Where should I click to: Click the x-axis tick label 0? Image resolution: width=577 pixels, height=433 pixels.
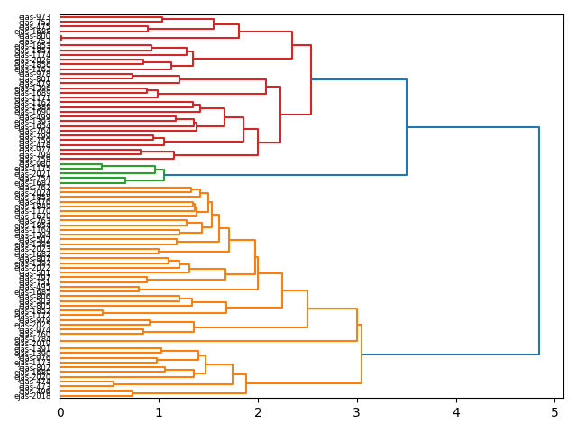point(60,412)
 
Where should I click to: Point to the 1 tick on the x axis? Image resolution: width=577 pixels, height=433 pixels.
point(159,412)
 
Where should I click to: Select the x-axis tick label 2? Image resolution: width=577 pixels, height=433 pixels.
point(258,412)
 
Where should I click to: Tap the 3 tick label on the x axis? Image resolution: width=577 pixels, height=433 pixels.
point(357,412)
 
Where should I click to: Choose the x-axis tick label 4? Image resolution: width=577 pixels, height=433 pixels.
point(456,412)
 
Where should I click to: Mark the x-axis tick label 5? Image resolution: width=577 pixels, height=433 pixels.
point(554,412)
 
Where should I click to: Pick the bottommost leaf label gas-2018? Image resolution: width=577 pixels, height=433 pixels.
point(34,396)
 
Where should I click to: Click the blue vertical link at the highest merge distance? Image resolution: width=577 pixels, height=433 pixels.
point(539,241)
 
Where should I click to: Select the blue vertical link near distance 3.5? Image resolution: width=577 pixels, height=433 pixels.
point(407,127)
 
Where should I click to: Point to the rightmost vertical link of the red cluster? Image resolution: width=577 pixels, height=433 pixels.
point(311,79)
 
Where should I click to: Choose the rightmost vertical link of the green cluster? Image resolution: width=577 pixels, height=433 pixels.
point(164,174)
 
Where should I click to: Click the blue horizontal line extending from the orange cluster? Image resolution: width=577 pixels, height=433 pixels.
point(451,355)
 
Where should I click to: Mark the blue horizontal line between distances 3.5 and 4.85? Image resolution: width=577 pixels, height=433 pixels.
point(473,127)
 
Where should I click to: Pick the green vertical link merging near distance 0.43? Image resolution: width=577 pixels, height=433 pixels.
point(102,167)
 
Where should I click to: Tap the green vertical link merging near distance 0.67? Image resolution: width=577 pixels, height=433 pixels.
point(125,180)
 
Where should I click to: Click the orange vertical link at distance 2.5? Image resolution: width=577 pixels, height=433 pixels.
point(307,309)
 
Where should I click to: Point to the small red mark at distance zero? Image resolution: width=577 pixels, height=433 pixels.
point(60,39)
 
